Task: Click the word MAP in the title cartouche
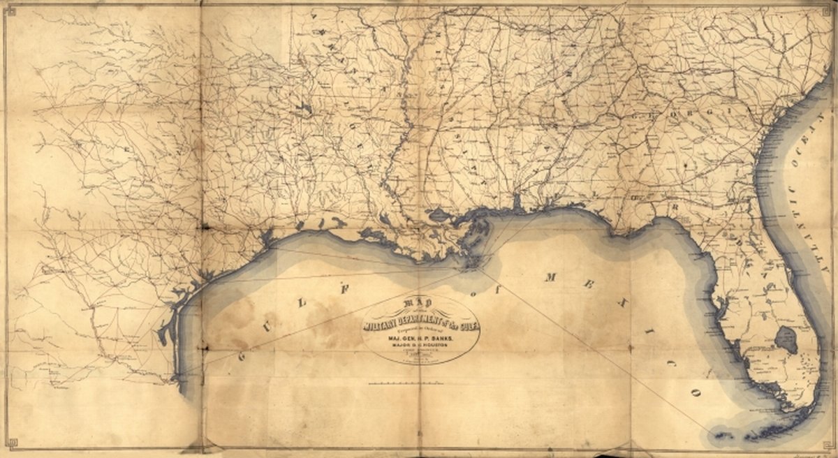[x=420, y=305]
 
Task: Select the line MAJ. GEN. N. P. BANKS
[x=420, y=334]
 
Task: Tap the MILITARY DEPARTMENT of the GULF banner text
[x=420, y=320]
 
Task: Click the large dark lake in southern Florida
[x=786, y=339]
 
